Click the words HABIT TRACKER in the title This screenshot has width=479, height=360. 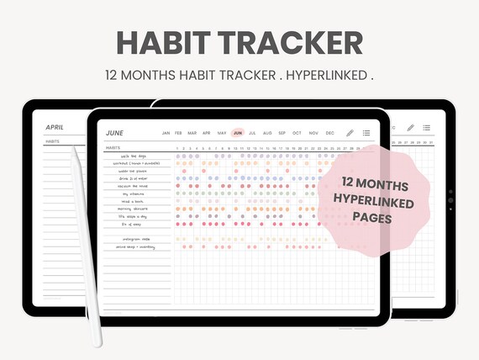[x=239, y=42]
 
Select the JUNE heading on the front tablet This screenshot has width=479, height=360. [x=114, y=133]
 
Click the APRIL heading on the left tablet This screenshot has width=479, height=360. [x=55, y=127]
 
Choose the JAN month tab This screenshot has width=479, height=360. [x=166, y=133]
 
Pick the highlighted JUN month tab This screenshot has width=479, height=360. [x=238, y=133]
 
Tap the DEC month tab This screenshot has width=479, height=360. [x=329, y=133]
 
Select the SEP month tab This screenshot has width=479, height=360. [x=282, y=133]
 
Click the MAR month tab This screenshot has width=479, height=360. [x=192, y=133]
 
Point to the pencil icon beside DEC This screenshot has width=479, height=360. [x=350, y=133]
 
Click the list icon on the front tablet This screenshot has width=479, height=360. [x=366, y=133]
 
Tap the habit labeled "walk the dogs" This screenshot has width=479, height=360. [x=132, y=156]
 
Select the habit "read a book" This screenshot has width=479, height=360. [x=132, y=202]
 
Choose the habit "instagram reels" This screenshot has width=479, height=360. [x=134, y=240]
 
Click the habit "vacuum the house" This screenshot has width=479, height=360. [x=133, y=186]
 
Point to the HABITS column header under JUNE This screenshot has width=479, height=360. [x=113, y=148]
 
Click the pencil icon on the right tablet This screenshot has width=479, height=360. [x=410, y=128]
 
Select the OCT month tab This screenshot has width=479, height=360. [x=297, y=133]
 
